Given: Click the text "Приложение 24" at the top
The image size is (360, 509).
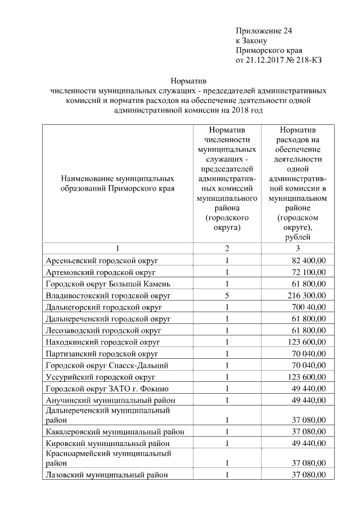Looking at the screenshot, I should (264, 30).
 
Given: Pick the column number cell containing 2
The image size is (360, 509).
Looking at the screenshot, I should (227, 249).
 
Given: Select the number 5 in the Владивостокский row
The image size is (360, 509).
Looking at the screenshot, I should (227, 295).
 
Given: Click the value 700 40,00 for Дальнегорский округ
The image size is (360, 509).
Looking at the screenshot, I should (308, 307).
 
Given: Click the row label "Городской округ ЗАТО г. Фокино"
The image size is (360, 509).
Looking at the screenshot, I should (107, 388).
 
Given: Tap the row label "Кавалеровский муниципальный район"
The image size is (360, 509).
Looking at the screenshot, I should (115, 431).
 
